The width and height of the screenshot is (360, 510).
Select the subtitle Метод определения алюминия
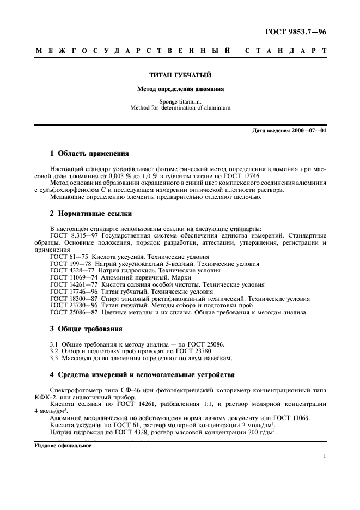tap(180, 87)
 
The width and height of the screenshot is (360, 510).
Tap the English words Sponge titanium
tap(180, 101)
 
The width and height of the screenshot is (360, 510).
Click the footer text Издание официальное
tap(63, 445)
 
